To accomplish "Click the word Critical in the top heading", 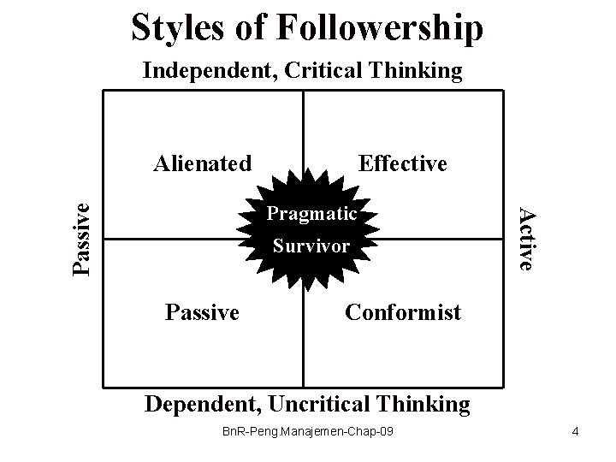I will pyautogui.click(x=323, y=70).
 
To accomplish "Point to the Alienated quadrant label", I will pyautogui.click(x=202, y=163).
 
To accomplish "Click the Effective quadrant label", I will pyautogui.click(x=403, y=163).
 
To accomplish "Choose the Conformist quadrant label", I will pyautogui.click(x=402, y=312).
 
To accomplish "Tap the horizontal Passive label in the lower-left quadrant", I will pyautogui.click(x=202, y=312).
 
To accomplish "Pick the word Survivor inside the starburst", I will pyautogui.click(x=311, y=246).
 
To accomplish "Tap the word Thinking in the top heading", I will pyautogui.click(x=418, y=70).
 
